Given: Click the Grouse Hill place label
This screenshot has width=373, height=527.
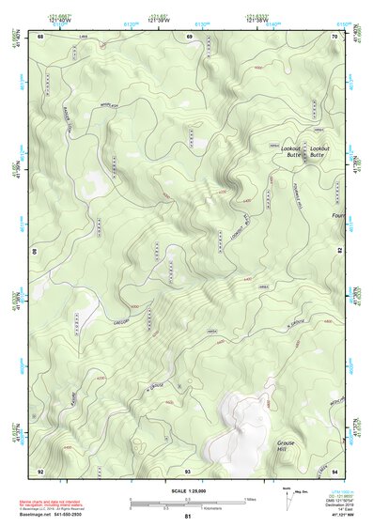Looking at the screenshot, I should tap(287, 445).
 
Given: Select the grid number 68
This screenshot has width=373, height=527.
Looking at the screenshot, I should tap(40, 36).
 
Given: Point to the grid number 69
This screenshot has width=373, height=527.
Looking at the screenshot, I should tap(189, 36).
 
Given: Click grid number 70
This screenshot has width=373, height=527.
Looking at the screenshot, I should tap(335, 36).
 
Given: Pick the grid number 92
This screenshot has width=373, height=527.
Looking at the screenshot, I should tap(40, 470).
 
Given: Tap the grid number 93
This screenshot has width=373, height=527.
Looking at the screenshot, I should tap(188, 470).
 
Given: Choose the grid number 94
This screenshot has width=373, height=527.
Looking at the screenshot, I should tap(335, 470).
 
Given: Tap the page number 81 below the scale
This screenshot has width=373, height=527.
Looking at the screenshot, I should tap(188, 518).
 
